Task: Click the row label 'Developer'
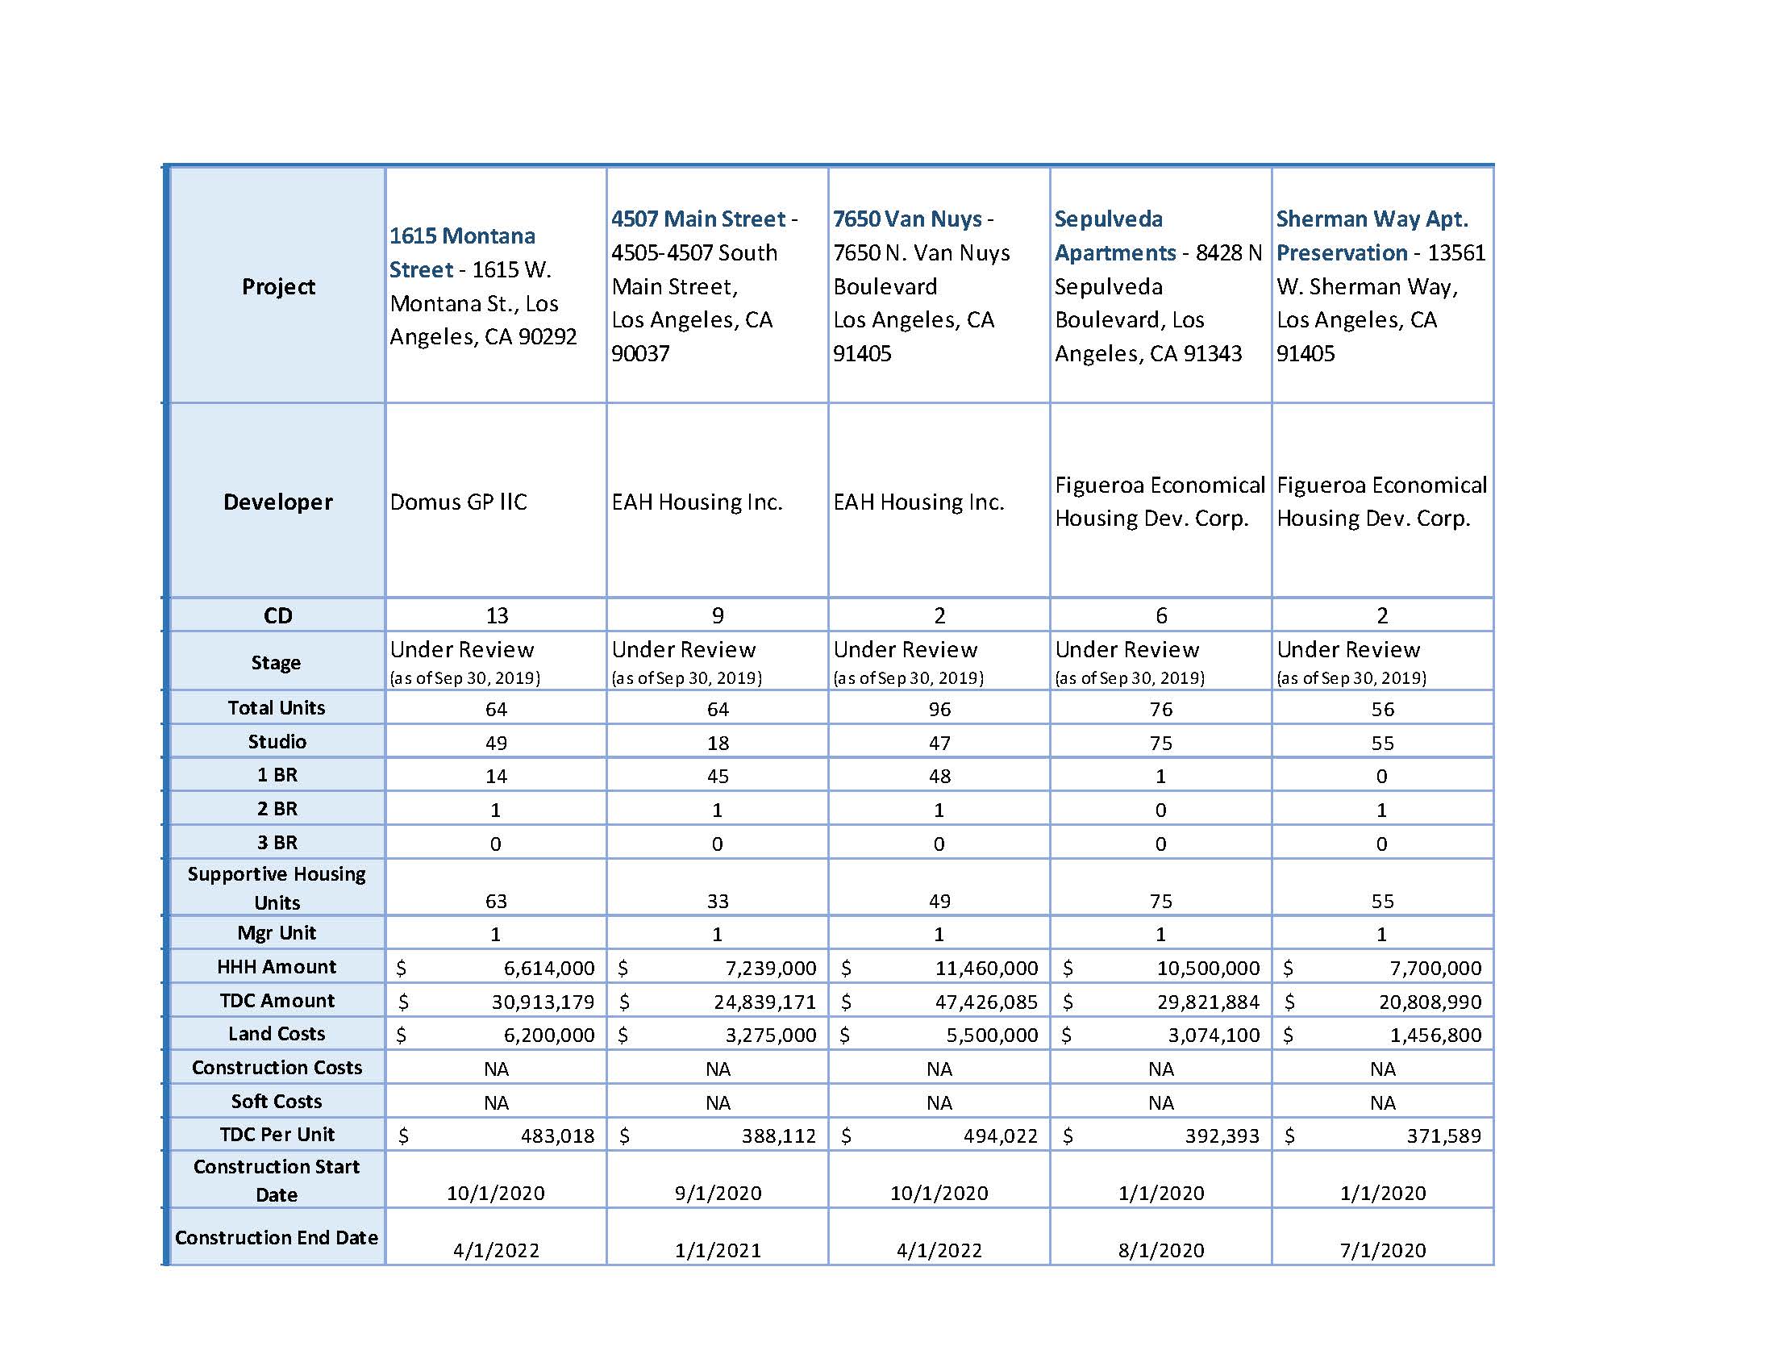pos(278,502)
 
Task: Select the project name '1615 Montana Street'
pos(461,252)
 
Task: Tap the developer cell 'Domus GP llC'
pos(458,502)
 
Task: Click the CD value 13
pos(496,615)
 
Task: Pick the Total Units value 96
pos(939,709)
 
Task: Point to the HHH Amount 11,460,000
pos(986,968)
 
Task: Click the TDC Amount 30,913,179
pos(543,1002)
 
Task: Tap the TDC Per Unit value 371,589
pos(1443,1136)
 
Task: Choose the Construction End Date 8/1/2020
pos(1160,1250)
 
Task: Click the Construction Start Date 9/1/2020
pos(717,1193)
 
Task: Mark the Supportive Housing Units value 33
pos(717,901)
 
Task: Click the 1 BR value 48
pos(939,777)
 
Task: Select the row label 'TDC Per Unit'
pos(277,1135)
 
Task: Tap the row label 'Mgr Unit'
pos(276,933)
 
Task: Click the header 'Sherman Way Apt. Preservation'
pos(1371,235)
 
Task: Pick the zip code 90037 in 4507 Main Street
pos(640,353)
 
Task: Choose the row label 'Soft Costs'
pos(276,1102)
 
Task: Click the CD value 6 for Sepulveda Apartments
pos(1160,615)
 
